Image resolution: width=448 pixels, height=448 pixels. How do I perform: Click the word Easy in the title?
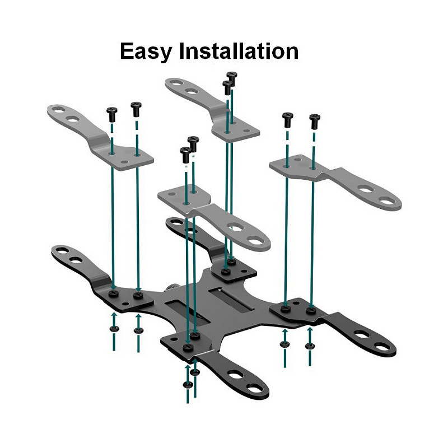[x=146, y=52]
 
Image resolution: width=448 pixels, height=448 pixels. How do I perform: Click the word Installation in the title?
[x=239, y=51]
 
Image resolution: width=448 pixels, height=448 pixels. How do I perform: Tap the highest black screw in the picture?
[x=232, y=78]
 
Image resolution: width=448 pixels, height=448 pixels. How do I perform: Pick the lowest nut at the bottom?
[x=188, y=385]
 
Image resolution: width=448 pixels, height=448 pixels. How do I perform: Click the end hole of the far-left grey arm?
[x=59, y=109]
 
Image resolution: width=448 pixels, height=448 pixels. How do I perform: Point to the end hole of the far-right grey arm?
[x=387, y=201]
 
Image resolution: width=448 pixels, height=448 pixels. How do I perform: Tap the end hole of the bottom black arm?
[x=254, y=388]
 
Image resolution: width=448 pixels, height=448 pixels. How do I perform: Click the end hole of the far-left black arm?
[x=62, y=250]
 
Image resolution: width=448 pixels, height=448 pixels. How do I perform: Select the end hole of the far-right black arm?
[x=382, y=347]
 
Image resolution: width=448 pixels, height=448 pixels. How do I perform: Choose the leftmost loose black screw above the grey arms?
[x=112, y=114]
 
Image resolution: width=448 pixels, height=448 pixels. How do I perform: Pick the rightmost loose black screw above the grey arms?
[x=315, y=121]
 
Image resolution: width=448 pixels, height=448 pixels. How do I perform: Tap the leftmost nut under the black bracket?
[x=114, y=329]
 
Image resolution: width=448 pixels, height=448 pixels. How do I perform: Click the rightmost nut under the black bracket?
[x=310, y=346]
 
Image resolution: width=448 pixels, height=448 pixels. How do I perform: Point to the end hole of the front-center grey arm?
[x=255, y=241]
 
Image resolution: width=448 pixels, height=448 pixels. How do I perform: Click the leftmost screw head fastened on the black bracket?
[x=114, y=293]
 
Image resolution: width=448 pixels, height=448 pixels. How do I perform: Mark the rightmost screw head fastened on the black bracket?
[x=311, y=310]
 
